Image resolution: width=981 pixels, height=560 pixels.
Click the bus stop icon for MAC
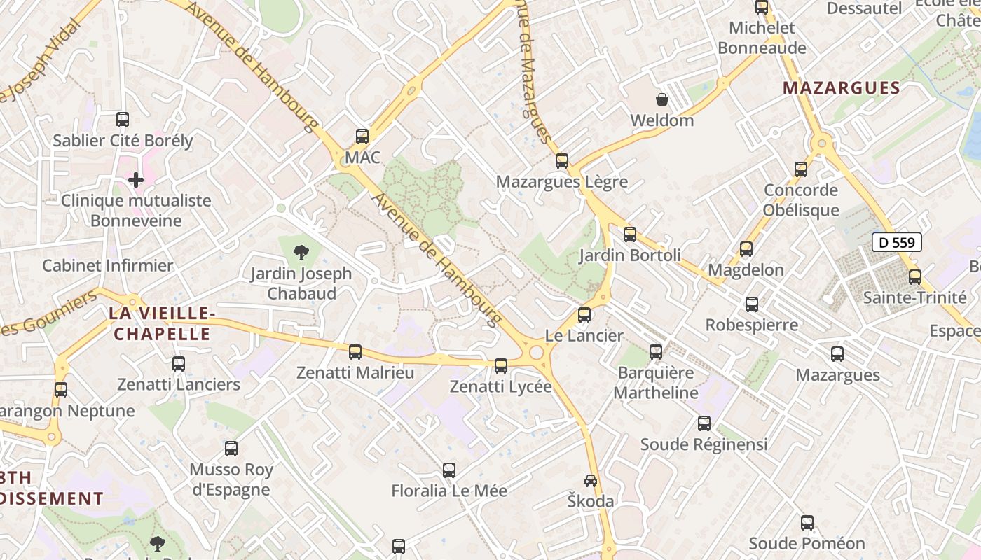click(x=362, y=136)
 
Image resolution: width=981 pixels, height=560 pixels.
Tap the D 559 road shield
click(x=896, y=243)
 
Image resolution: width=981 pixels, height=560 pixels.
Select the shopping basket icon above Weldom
click(x=661, y=99)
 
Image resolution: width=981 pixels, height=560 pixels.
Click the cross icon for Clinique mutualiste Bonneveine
click(x=136, y=180)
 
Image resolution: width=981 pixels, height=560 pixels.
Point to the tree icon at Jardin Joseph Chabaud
click(x=301, y=252)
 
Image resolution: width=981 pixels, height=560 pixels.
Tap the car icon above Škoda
click(x=591, y=481)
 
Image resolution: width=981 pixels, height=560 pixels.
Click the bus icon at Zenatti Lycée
click(x=500, y=365)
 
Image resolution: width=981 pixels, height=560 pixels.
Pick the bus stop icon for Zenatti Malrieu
click(x=355, y=351)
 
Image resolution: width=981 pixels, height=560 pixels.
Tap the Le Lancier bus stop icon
click(x=584, y=315)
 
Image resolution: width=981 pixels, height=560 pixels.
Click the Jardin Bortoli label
click(x=629, y=255)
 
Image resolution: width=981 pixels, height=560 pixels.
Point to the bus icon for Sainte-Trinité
click(x=914, y=276)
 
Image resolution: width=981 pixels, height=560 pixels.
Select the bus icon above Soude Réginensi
click(x=704, y=423)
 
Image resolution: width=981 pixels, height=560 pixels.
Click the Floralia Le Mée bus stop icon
click(x=449, y=470)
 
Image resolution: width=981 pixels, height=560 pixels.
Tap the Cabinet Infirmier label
click(x=107, y=266)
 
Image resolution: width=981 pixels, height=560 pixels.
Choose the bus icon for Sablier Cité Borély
click(x=123, y=120)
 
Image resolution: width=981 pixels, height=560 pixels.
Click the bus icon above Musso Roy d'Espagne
click(x=231, y=449)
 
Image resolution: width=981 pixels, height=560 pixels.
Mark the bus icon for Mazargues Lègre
click(x=562, y=161)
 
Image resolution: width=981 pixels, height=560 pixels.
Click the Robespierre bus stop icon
click(x=752, y=304)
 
